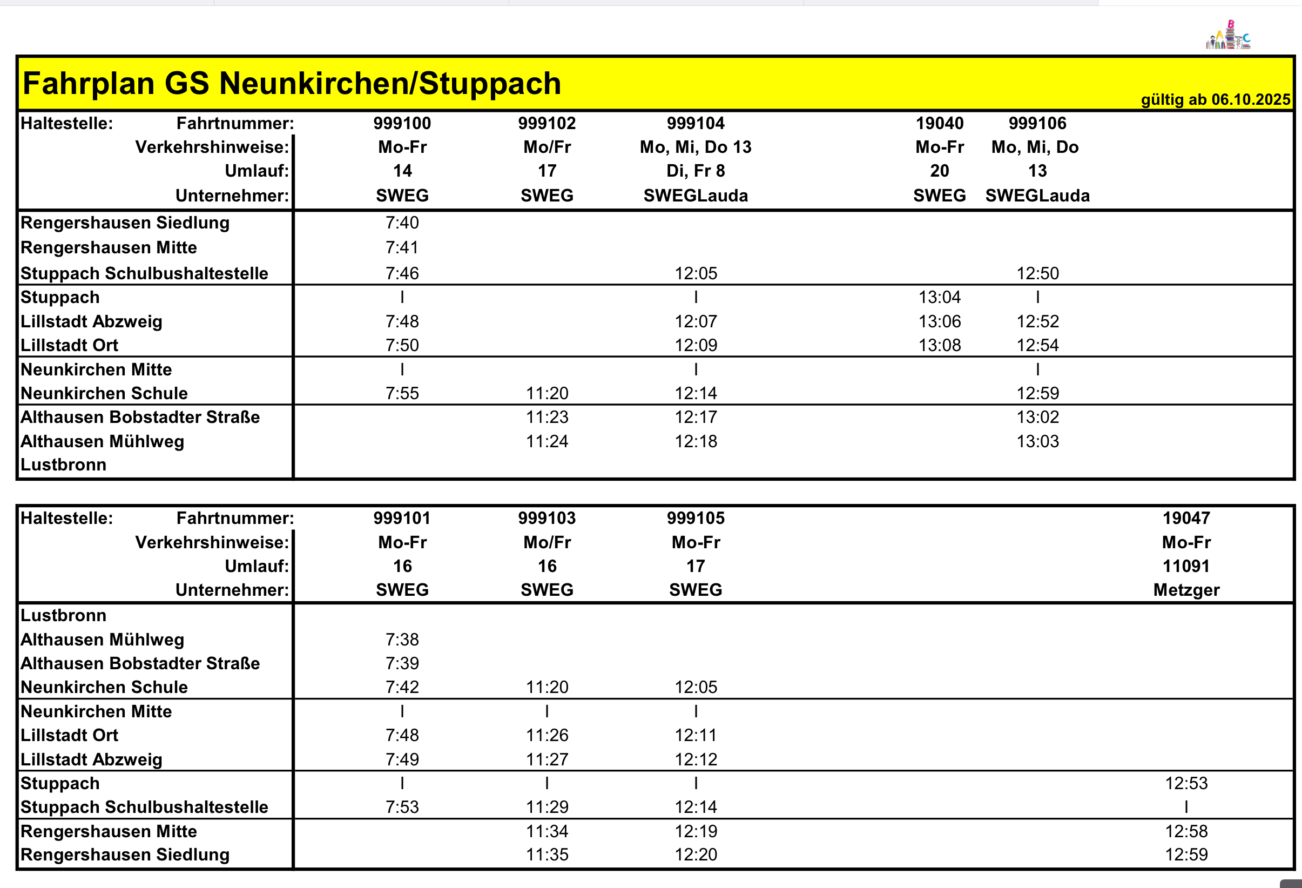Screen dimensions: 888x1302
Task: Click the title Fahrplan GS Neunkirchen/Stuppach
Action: point(291,84)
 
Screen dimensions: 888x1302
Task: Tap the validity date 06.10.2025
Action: point(1251,100)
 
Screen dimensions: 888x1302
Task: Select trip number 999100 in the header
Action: point(402,123)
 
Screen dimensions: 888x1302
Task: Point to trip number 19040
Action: point(939,123)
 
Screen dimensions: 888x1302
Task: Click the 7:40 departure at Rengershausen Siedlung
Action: point(402,223)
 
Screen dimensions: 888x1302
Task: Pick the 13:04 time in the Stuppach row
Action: point(939,297)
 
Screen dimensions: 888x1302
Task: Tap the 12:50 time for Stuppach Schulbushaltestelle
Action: point(1037,273)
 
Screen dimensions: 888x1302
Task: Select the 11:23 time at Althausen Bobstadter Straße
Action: point(547,418)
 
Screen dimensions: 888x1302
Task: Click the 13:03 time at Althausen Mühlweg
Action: point(1037,441)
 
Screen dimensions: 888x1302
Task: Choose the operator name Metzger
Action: point(1186,590)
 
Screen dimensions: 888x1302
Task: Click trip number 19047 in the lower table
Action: point(1186,518)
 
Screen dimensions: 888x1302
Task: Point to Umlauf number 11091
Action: point(1186,566)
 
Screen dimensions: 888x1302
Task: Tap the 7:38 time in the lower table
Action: point(402,639)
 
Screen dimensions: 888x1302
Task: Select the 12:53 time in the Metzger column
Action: point(1186,783)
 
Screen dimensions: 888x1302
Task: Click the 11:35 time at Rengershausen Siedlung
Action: point(547,855)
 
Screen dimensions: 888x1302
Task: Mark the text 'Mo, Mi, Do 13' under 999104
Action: point(695,147)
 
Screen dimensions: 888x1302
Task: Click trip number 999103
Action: point(547,518)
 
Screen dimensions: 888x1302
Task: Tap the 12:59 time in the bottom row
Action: point(1186,855)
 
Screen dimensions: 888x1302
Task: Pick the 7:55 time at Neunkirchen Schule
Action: point(402,393)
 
